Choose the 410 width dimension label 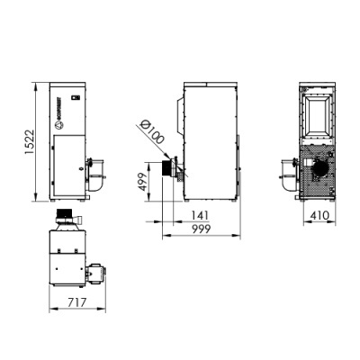[316, 216]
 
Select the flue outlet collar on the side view [168, 170]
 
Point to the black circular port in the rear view [317, 169]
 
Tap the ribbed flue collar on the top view [65, 217]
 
